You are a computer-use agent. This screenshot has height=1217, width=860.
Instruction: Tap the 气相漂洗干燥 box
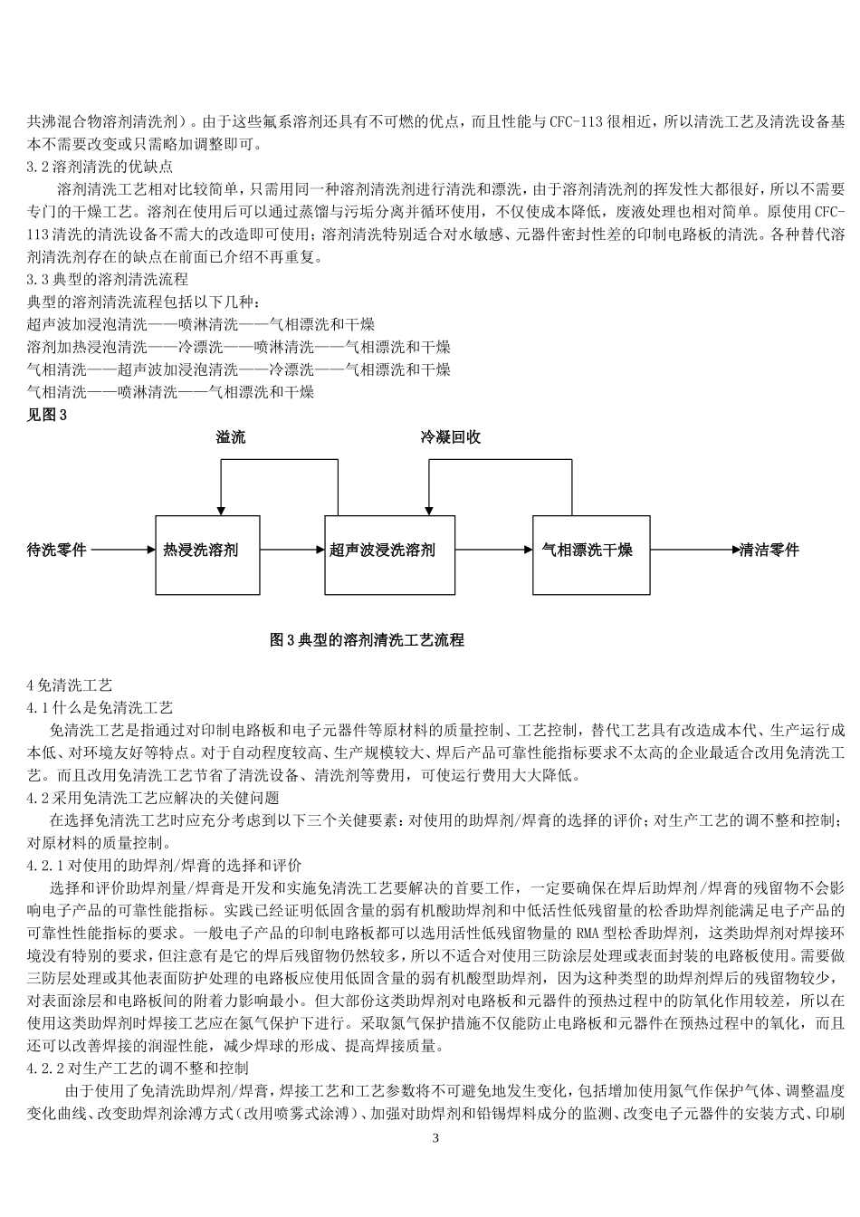[590, 550]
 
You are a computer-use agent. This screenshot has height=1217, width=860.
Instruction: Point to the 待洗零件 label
[57, 550]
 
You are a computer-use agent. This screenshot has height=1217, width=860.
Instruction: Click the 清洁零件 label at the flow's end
[769, 550]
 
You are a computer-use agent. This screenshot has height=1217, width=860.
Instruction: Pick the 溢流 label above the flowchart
[230, 438]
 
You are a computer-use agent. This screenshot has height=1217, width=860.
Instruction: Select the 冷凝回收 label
[450, 438]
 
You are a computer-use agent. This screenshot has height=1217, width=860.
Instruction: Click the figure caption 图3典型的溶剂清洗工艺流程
[368, 640]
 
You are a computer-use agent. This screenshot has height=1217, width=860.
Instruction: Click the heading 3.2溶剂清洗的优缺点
[100, 167]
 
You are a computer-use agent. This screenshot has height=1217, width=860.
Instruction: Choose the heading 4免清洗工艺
[70, 685]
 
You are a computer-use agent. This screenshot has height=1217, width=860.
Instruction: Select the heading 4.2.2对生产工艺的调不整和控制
[150, 1068]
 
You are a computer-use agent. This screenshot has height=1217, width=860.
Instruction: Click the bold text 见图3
[48, 416]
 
